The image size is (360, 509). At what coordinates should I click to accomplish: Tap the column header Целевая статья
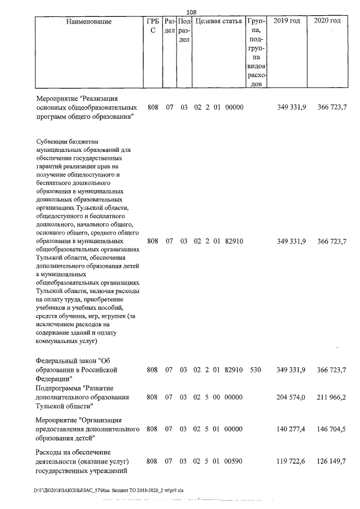[218, 21]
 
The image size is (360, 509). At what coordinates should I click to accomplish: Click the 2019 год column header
[286, 21]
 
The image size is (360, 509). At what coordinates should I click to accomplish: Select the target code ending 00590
[233, 461]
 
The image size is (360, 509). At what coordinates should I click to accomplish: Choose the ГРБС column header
[152, 25]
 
